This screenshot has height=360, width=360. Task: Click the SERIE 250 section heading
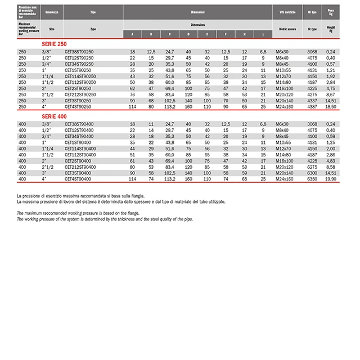coord(54,43)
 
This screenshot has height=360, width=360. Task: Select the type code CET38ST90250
coord(79,52)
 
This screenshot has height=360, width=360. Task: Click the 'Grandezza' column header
coord(51,11)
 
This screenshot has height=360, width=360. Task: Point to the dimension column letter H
coord(244,34)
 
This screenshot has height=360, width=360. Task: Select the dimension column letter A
coord(133,34)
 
